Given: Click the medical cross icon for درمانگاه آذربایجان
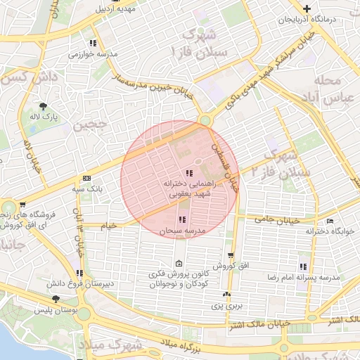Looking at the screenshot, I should click(306, 8).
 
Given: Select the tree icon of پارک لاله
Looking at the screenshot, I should click(44, 106).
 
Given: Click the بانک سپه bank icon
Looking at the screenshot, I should click(86, 179).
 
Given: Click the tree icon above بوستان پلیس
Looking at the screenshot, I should click(56, 300).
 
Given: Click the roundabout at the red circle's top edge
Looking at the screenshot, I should click(205, 120).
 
